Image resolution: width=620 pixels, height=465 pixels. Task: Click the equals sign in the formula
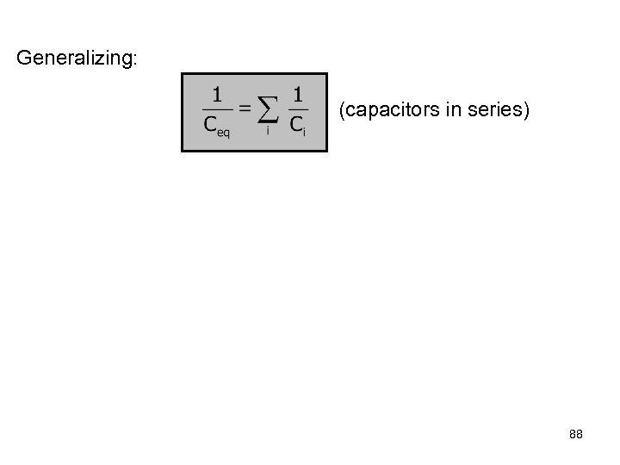click(245, 108)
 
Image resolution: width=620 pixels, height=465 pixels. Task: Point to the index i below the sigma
click(267, 131)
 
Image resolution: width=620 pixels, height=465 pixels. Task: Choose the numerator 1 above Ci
click(297, 93)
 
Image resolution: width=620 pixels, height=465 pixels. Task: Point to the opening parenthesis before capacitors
click(343, 110)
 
